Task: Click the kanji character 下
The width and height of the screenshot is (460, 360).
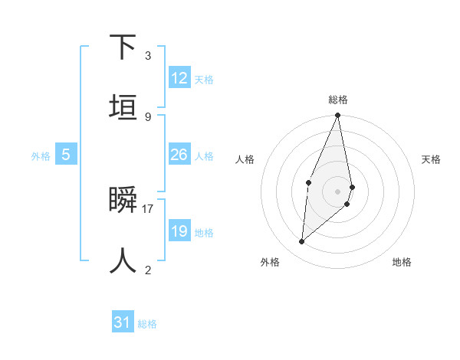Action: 123,47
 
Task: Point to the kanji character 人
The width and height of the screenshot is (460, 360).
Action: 123,260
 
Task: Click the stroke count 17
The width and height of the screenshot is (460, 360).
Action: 148,208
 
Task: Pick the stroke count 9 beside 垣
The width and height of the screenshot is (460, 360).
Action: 148,116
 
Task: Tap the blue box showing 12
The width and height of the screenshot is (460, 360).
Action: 179,78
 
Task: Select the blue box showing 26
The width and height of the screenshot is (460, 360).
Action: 179,155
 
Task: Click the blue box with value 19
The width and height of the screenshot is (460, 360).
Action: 179,231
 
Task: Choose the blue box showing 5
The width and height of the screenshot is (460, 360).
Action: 66,155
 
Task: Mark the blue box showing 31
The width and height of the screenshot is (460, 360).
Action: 123,322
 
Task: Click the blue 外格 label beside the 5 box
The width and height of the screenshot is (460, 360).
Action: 41,155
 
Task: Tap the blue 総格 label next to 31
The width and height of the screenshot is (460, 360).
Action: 147,324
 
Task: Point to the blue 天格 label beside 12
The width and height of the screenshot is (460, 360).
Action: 204,79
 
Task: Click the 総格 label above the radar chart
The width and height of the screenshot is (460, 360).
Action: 338,100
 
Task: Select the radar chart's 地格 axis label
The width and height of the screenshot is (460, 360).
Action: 402,262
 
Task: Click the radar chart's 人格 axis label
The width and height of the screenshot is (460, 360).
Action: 245,159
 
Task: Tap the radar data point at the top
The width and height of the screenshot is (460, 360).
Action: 337,116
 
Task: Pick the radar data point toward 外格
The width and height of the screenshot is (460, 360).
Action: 302,241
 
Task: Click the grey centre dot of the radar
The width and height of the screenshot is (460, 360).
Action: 337,191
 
